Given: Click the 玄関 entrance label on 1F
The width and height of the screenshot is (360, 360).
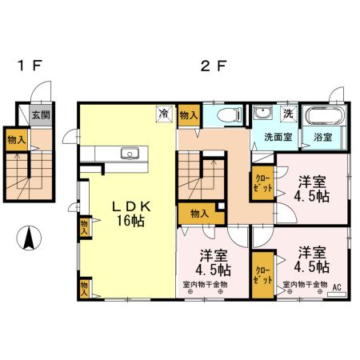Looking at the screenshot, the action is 41,115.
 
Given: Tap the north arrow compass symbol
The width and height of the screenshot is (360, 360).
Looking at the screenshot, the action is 29,238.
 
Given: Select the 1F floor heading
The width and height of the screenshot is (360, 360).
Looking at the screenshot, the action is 30,66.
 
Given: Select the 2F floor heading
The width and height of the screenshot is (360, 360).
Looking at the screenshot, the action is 214,66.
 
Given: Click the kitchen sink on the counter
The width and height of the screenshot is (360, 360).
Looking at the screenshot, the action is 130,154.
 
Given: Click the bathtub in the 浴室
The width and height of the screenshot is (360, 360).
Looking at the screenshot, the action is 325,115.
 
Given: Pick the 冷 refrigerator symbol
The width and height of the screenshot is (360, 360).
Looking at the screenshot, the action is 164,114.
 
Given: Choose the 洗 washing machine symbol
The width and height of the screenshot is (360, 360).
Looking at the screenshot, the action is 289,114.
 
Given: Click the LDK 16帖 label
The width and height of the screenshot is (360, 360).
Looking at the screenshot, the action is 131,214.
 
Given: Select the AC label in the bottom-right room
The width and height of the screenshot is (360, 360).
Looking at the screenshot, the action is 337,287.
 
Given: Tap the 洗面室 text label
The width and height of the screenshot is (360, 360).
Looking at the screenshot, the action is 278,137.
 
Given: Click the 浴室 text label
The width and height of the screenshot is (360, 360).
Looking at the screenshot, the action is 322,137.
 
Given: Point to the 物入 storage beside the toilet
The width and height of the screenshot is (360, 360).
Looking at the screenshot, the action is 189,115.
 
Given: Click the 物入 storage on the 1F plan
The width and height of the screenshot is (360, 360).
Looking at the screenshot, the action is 17,140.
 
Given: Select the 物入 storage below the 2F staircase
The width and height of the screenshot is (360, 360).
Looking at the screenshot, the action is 201,214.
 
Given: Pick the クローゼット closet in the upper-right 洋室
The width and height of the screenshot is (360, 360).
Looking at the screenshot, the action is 263,183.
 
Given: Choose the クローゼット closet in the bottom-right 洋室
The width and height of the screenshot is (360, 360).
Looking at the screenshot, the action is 263,275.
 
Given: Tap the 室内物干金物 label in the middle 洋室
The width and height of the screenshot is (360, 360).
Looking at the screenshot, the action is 205,285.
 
